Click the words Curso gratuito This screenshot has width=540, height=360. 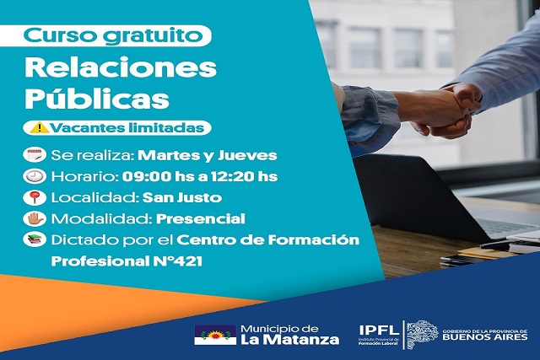click(112, 35)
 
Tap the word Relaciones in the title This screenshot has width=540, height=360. click(121, 68)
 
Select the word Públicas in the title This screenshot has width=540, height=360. click(97, 98)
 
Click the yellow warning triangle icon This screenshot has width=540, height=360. click(40, 127)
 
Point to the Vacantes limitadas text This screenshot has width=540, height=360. click(127, 127)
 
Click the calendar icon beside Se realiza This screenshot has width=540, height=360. click(35, 155)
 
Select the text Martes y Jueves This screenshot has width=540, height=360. click(208, 156)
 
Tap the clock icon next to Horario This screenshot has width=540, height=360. click(35, 176)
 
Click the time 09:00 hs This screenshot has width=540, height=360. click(155, 176)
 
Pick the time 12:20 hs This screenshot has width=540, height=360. click(244, 176)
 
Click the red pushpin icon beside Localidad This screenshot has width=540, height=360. click(35, 197)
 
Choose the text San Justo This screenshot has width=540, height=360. click(182, 197)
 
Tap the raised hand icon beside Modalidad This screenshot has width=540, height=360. click(35, 218)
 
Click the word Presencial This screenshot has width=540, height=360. click(201, 219)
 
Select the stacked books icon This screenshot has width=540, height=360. click(35, 239)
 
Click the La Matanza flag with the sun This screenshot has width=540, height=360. click(215, 335)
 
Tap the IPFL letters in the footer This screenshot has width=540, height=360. click(379, 330)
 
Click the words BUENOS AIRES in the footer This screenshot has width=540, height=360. click(485, 336)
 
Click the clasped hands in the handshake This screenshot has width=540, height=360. click(448, 110)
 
